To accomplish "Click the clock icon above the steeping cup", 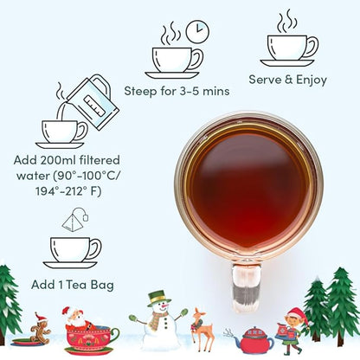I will pyautogui.click(x=197, y=30).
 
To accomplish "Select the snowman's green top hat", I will pyautogui.click(x=157, y=299).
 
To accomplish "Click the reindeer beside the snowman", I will pyautogui.click(x=202, y=329).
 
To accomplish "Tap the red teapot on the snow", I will pyautogui.click(x=255, y=339).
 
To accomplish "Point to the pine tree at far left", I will pyautogui.click(x=9, y=299).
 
